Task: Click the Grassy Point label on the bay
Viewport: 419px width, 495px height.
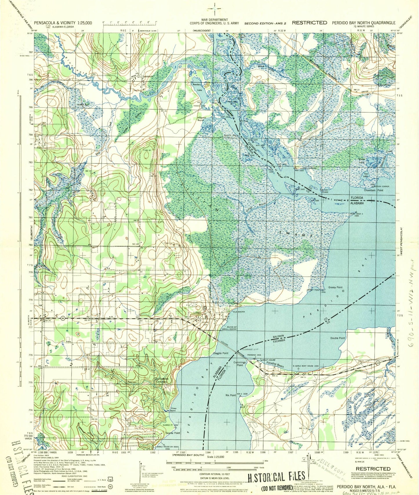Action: pos(335,287)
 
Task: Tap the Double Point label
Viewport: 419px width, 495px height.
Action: pos(338,338)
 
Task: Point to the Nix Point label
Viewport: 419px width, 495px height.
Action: pos(231,395)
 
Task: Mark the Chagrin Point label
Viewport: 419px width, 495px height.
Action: pos(220,353)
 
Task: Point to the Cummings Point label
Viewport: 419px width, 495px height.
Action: pos(240,364)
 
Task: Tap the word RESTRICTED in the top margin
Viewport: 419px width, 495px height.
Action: pos(309,23)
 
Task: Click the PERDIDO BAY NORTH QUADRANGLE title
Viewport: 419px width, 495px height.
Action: pos(364,23)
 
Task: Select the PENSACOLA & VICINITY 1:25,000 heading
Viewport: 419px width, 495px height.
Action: pos(63,23)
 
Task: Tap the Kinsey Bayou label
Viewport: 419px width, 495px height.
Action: pos(173,409)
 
